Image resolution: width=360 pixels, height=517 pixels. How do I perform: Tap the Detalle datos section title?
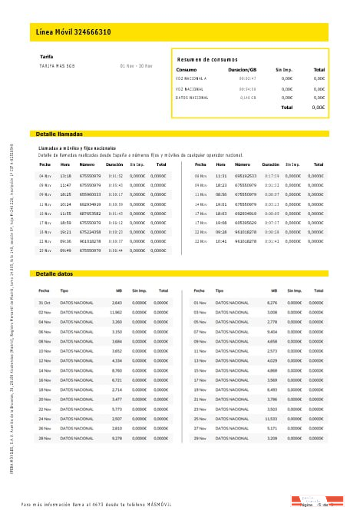[54, 273]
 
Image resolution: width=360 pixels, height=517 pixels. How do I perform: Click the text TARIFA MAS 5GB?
[58, 65]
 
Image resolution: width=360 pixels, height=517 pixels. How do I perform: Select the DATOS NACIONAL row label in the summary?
[192, 98]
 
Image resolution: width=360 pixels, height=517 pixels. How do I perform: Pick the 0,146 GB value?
[247, 98]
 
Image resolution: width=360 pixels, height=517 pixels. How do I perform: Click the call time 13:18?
[65, 176]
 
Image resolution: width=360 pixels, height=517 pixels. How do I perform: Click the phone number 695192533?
[246, 176]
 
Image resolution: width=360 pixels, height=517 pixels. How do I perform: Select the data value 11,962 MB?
[116, 312]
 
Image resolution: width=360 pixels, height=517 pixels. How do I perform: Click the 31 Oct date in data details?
[45, 303]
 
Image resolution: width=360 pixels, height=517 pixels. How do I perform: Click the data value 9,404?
[271, 330]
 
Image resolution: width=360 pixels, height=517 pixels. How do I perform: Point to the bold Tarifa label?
[46, 56]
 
